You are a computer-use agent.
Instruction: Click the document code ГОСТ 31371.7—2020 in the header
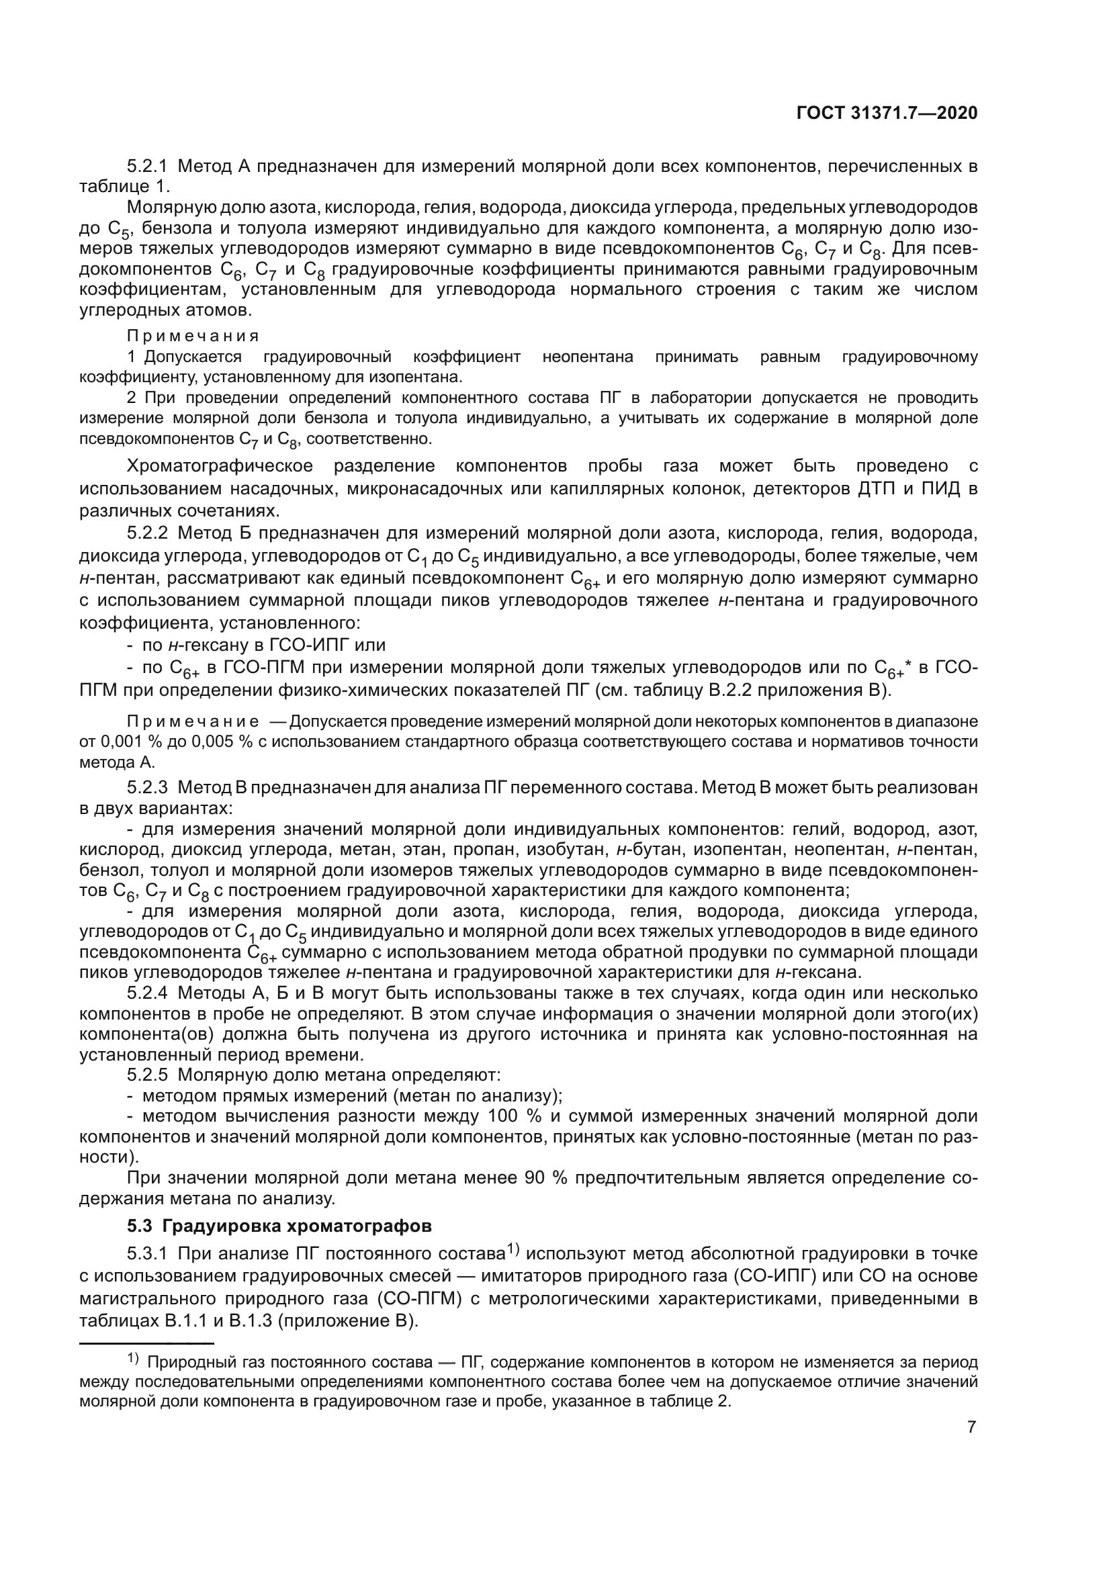point(887,114)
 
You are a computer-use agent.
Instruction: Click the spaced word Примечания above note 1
point(193,336)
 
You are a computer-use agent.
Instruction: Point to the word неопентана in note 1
point(588,357)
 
